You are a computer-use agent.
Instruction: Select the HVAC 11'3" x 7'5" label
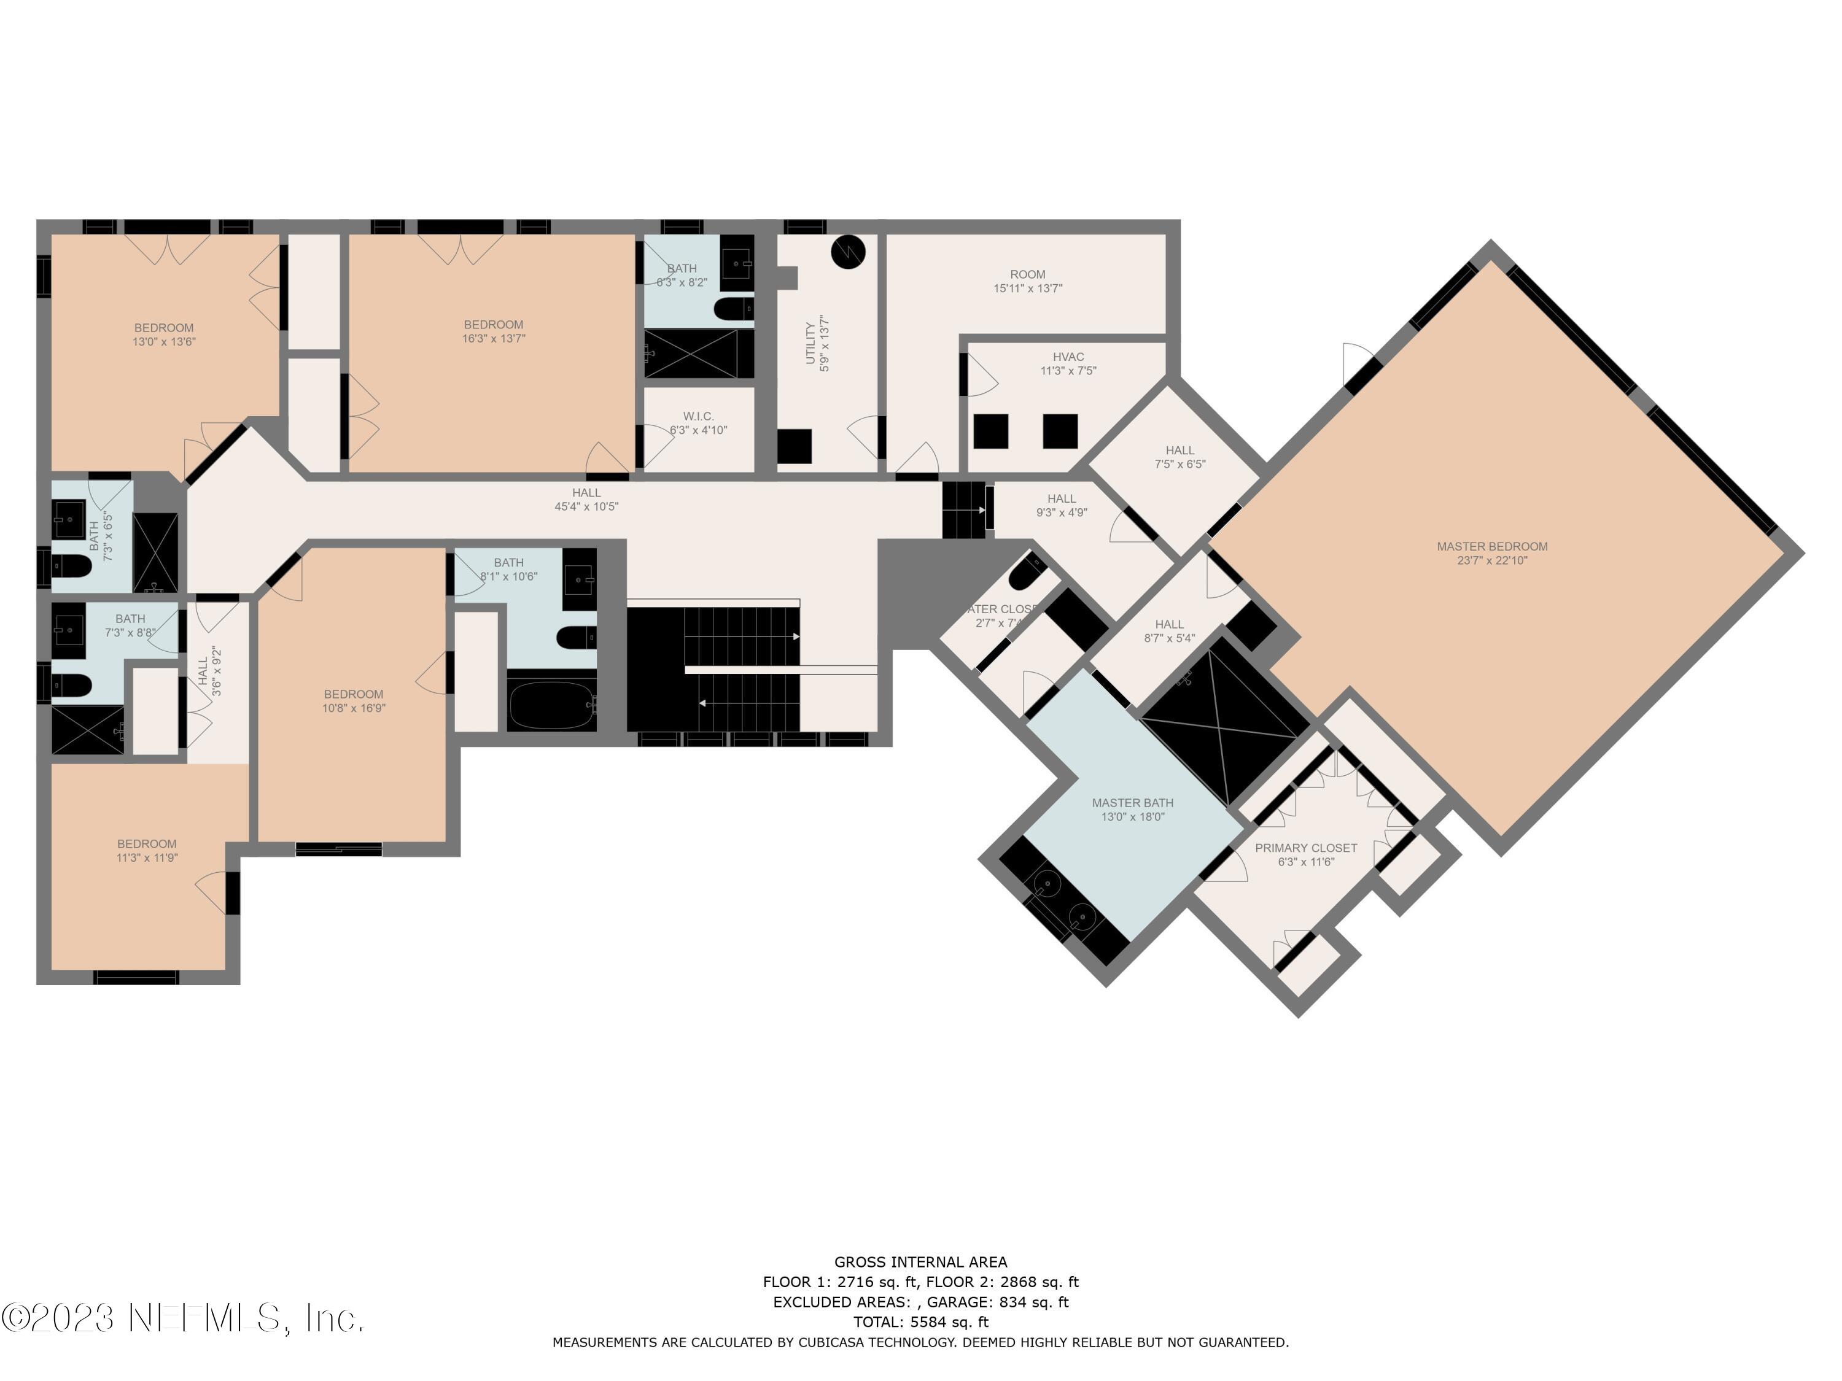(x=1068, y=364)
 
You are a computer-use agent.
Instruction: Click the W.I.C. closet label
(x=698, y=423)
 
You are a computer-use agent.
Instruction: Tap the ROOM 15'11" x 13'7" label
(x=1028, y=281)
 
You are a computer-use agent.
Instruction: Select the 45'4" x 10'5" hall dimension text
(x=586, y=507)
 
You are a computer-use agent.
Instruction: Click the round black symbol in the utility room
(x=848, y=250)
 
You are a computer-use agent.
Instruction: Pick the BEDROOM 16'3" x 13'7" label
(x=494, y=331)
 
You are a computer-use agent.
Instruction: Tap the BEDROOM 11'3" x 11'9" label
(x=147, y=851)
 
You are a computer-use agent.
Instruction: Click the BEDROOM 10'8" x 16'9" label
(x=354, y=701)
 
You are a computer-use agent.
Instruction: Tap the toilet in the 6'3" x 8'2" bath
(x=733, y=309)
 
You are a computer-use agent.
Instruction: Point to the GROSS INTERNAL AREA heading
(x=920, y=1262)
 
